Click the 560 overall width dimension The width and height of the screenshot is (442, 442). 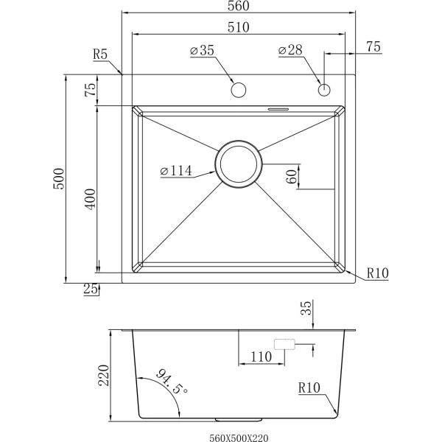tap(239, 6)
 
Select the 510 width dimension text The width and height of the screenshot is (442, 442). tap(239, 27)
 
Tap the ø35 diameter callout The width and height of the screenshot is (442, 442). tap(202, 50)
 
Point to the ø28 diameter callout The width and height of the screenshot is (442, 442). tap(290, 50)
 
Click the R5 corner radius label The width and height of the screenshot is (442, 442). tap(100, 54)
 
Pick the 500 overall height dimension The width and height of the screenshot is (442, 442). tap(59, 179)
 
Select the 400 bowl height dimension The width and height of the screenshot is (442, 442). tap(91, 200)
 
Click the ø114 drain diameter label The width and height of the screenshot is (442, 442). tap(176, 171)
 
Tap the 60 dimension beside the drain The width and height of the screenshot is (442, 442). tap(292, 177)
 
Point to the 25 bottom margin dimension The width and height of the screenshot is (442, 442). tap(91, 289)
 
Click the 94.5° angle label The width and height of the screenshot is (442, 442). tap(172, 382)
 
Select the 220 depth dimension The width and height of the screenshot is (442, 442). tap(103, 376)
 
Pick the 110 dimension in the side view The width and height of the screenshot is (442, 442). tap(261, 357)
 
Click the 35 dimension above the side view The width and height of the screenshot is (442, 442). tap(306, 308)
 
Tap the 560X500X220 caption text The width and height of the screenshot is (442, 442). tap(239, 438)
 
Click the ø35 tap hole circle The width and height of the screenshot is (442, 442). tap(239, 90)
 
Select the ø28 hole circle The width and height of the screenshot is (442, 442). tap(324, 90)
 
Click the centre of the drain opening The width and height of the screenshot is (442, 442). tap(239, 164)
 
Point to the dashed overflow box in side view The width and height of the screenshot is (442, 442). tap(284, 344)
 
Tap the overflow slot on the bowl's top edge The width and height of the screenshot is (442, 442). tap(278, 108)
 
